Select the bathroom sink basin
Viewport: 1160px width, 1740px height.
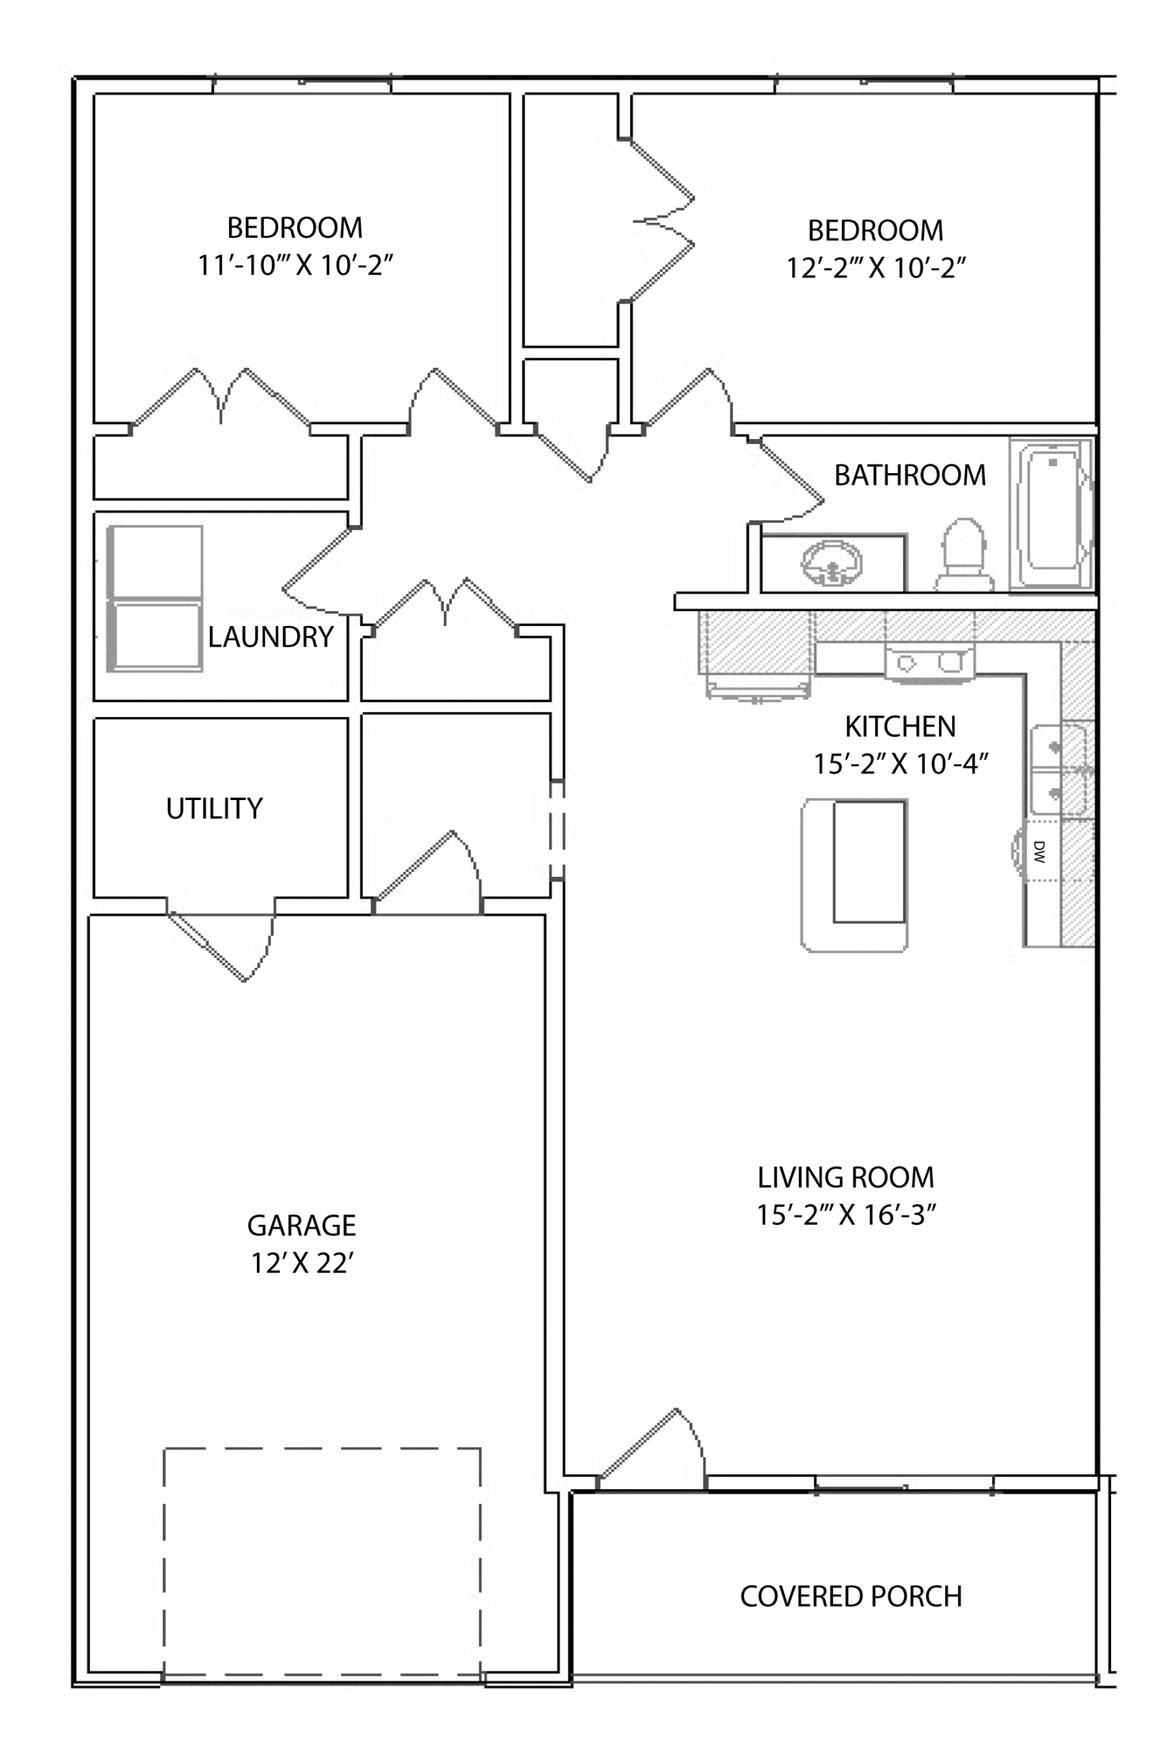tap(832, 563)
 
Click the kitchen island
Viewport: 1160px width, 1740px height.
tap(854, 875)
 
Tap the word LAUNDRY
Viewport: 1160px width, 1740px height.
tap(270, 637)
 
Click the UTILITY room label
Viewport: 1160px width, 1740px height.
tap(215, 809)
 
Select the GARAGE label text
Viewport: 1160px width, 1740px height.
tap(302, 1226)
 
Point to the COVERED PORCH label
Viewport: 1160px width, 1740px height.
tap(851, 1597)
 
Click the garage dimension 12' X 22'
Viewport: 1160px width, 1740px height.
tap(302, 1264)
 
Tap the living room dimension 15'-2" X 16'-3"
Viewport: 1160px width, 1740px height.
tap(846, 1215)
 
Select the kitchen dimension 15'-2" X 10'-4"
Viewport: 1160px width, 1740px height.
tap(901, 763)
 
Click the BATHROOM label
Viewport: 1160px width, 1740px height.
tap(910, 475)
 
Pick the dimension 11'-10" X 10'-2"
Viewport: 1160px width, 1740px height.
tap(295, 265)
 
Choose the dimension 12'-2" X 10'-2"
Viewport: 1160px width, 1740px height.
tap(876, 268)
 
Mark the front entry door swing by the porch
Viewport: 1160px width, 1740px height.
tap(651, 1448)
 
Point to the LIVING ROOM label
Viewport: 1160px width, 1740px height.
tap(846, 1177)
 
